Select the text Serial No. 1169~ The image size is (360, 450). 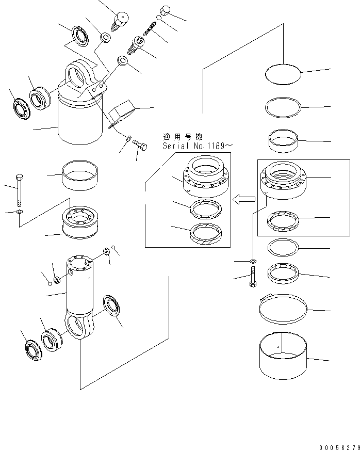click(x=193, y=146)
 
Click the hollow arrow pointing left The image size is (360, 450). click(x=244, y=199)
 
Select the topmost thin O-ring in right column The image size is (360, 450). click(x=283, y=75)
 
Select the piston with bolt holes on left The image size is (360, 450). click(x=83, y=222)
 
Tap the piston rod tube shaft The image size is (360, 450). click(x=78, y=289)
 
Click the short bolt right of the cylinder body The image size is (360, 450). click(x=140, y=146)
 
